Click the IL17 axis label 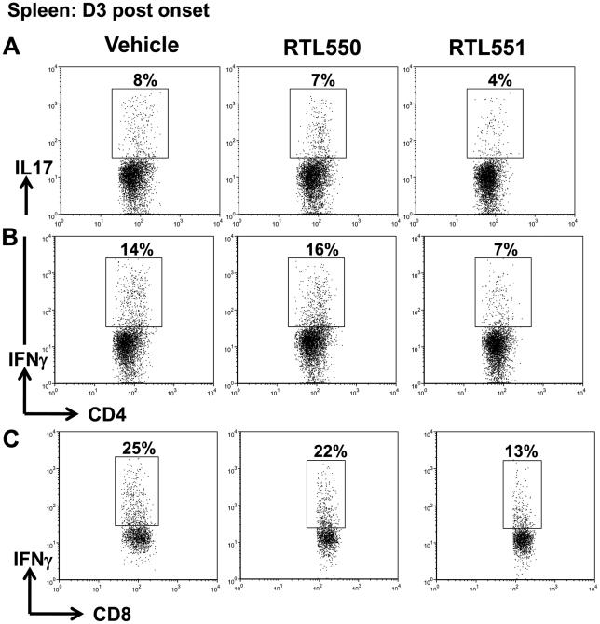pos(29,167)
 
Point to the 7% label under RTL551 pos(501,249)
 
